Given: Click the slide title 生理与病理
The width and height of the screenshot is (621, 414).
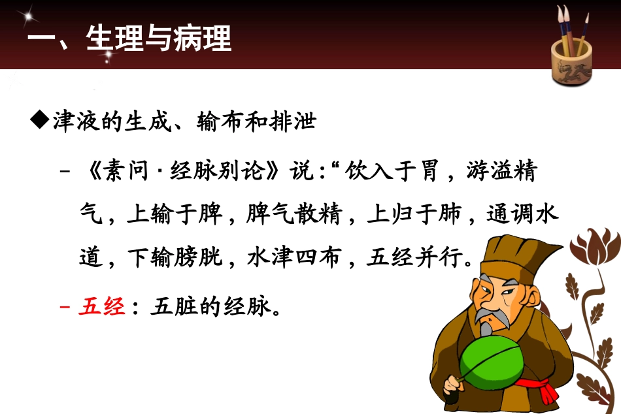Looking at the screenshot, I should click(159, 39).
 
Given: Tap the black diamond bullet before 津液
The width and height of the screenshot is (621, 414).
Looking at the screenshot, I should click(40, 121).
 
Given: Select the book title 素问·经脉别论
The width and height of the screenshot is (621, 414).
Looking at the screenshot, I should click(193, 172).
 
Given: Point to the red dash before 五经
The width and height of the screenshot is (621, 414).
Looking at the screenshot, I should click(64, 306).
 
